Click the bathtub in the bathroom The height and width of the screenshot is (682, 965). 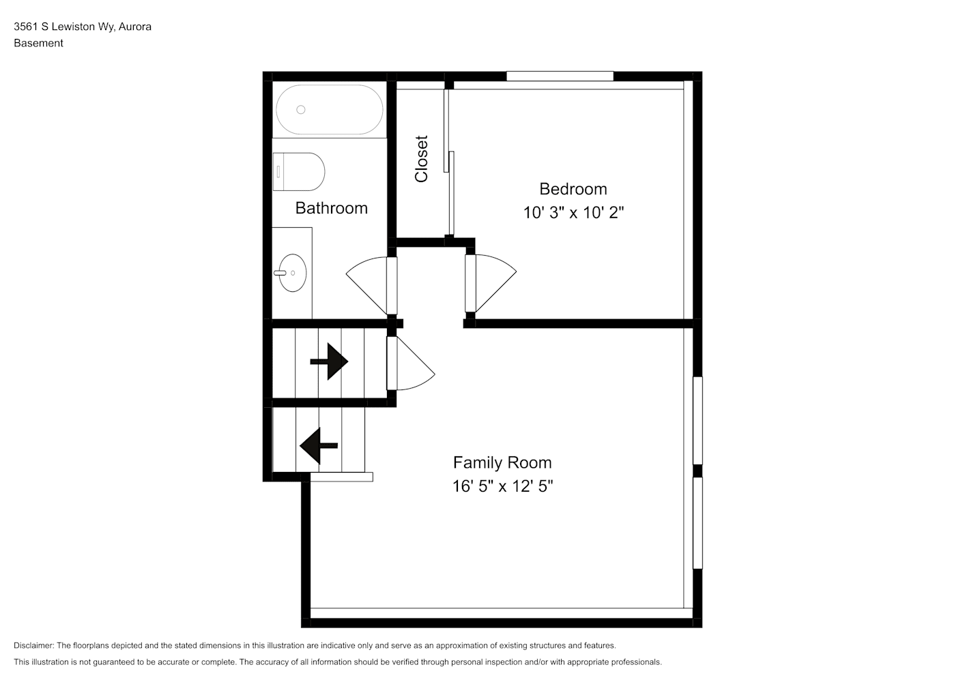point(330,109)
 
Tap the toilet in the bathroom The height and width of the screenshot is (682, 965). point(298,172)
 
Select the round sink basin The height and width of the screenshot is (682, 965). point(293,273)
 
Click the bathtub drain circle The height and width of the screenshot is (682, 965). point(301,110)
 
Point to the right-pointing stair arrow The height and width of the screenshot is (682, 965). point(329,361)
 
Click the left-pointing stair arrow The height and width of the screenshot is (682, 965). point(319,445)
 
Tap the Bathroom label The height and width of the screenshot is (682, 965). point(331,209)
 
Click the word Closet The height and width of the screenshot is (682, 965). point(421,159)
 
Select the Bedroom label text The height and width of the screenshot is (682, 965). point(573,189)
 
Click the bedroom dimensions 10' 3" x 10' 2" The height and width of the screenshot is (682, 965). point(573,213)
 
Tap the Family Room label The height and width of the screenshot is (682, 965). point(502,463)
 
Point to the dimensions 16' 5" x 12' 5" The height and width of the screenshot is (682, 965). point(502,486)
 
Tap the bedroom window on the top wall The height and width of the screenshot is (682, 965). point(560,76)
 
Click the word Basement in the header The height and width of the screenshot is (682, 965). point(38,43)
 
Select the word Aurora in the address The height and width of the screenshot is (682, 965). point(135,27)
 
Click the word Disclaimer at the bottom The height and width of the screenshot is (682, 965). point(34,645)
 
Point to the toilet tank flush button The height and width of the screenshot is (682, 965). point(278,172)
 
